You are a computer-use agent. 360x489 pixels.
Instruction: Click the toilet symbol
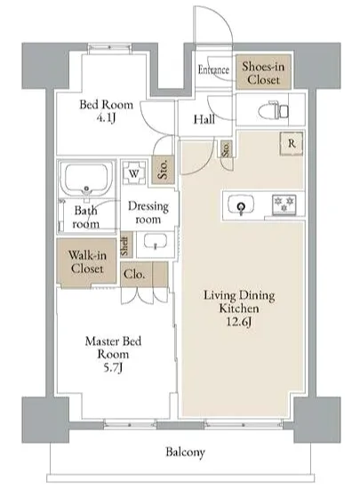(274, 110)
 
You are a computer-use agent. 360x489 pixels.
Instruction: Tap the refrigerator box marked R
(292, 143)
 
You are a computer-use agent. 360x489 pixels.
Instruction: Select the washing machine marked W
(134, 173)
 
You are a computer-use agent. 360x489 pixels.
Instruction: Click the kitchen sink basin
(241, 204)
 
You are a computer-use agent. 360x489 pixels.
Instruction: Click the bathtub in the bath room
(86, 179)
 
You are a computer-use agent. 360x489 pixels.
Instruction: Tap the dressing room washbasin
(156, 243)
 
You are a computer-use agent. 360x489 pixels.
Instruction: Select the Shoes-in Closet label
(263, 73)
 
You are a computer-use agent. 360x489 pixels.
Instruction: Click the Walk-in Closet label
(87, 261)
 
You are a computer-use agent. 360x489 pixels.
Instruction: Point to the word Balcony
(185, 452)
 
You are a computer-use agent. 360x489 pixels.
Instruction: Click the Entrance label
(213, 69)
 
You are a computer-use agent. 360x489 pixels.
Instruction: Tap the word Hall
(204, 119)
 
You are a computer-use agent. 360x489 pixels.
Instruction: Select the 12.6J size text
(239, 322)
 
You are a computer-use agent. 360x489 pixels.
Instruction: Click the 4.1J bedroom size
(107, 118)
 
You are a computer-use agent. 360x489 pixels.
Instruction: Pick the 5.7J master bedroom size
(113, 367)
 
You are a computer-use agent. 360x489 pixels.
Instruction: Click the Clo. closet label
(134, 274)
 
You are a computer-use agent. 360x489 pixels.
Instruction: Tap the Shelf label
(124, 246)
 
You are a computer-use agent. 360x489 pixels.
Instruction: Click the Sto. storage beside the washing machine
(163, 169)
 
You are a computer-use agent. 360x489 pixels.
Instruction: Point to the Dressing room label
(148, 212)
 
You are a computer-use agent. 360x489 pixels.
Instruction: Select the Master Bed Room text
(113, 348)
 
